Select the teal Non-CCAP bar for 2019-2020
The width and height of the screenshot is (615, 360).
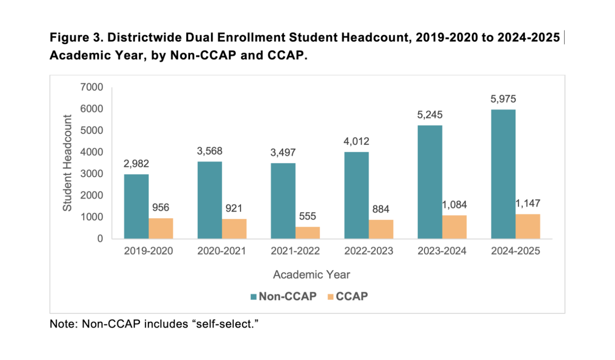[136, 206]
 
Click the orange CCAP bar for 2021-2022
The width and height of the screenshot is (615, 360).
[307, 233]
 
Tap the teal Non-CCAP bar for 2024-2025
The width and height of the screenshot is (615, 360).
[503, 174]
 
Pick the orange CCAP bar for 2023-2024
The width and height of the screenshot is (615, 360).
[454, 227]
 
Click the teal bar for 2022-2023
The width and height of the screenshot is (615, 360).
[357, 195]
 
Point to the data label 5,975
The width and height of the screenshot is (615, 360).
[503, 99]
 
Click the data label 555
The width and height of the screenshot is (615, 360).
[307, 216]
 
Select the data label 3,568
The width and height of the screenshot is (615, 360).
[210, 151]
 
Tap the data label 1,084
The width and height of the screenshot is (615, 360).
[454, 205]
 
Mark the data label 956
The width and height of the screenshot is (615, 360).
[161, 208]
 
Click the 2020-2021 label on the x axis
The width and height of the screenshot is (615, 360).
[221, 251]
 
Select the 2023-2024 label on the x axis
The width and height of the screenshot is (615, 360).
[442, 251]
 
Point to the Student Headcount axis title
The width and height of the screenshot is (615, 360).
[67, 163]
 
